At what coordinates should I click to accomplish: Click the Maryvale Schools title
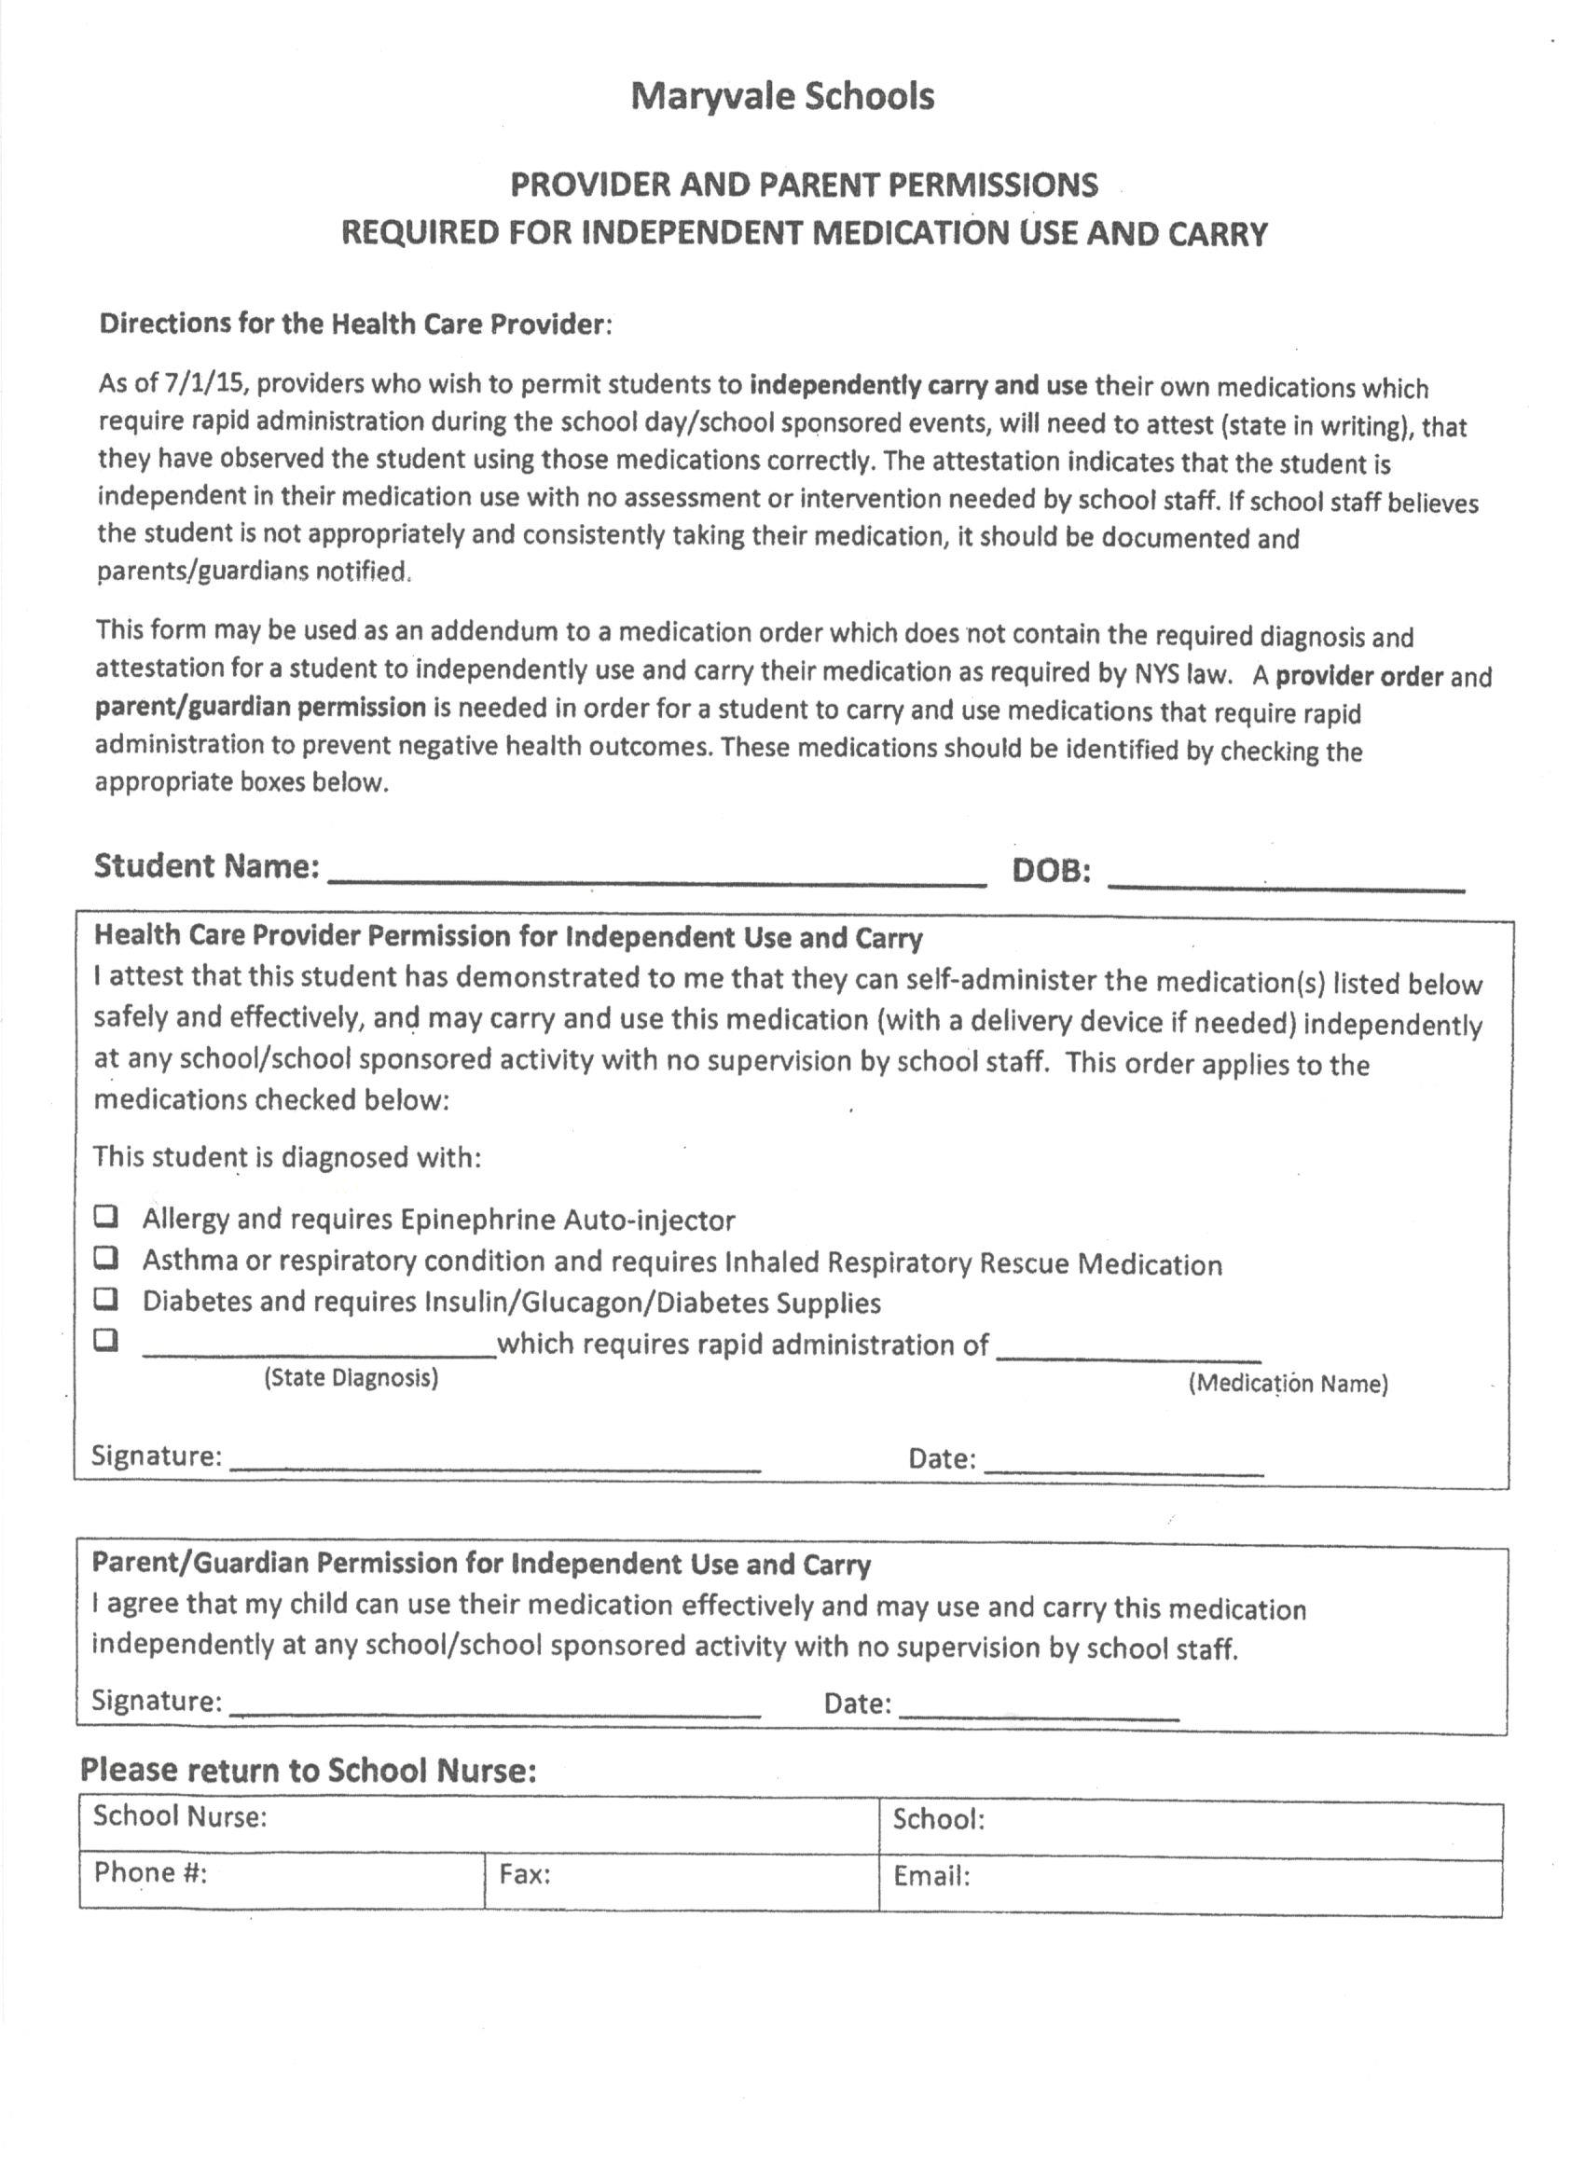[x=782, y=96]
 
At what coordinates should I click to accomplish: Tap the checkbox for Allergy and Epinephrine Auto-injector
[x=105, y=1217]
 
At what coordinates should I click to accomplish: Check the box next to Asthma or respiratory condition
[x=105, y=1257]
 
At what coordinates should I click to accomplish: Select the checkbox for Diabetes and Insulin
[x=105, y=1299]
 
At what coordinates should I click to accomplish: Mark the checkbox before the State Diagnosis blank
[x=105, y=1340]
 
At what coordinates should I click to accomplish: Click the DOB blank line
[x=1285, y=878]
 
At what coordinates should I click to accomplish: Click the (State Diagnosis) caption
[x=351, y=1378]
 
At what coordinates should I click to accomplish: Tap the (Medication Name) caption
[x=1288, y=1384]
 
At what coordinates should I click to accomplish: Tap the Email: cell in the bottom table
[x=1189, y=1877]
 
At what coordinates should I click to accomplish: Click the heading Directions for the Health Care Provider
[x=354, y=324]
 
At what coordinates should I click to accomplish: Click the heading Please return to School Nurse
[x=308, y=1770]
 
